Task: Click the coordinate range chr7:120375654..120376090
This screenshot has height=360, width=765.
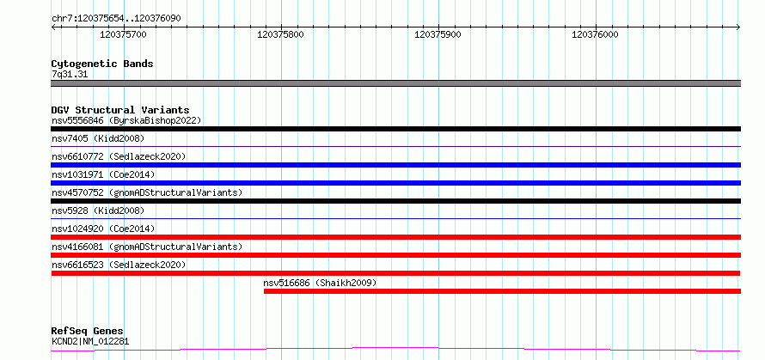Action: pyautogui.click(x=117, y=19)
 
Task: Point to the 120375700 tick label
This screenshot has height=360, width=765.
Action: pyautogui.click(x=123, y=34)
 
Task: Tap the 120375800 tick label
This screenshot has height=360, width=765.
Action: pyautogui.click(x=280, y=34)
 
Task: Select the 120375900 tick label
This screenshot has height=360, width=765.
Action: pyautogui.click(x=438, y=34)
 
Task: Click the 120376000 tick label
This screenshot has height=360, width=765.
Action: pyautogui.click(x=595, y=34)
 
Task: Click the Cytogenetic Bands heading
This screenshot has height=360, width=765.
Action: pyautogui.click(x=102, y=64)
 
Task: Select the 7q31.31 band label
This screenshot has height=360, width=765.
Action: pyautogui.click(x=70, y=75)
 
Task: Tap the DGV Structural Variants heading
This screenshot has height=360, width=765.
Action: pyautogui.click(x=120, y=110)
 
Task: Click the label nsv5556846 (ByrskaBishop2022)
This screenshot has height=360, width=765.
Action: pyautogui.click(x=126, y=120)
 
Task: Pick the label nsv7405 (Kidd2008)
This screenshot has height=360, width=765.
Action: pyautogui.click(x=98, y=138)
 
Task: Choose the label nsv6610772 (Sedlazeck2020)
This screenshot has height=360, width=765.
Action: pyautogui.click(x=119, y=156)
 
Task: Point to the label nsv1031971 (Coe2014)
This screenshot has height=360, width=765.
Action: pyautogui.click(x=103, y=174)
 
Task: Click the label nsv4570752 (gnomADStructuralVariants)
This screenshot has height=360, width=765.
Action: pyautogui.click(x=147, y=192)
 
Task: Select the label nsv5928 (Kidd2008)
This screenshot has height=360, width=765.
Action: pyautogui.click(x=98, y=211)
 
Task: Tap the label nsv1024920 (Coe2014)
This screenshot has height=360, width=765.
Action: pyautogui.click(x=103, y=229)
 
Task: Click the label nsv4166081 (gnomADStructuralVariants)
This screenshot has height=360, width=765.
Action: pyautogui.click(x=147, y=247)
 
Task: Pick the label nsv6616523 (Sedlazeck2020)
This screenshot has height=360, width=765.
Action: pyautogui.click(x=119, y=265)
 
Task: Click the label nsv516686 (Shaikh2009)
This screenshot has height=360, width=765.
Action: pyautogui.click(x=320, y=283)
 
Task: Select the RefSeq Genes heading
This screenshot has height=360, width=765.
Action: pyautogui.click(x=88, y=332)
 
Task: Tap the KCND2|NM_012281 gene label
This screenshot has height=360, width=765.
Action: pyautogui.click(x=91, y=341)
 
